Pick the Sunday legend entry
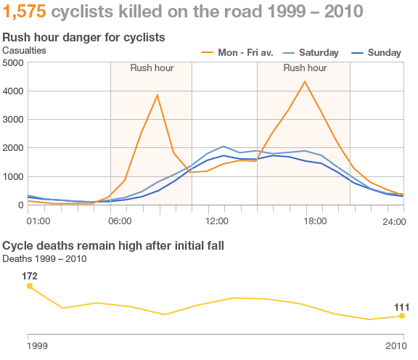pos(384,53)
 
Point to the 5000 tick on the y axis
pos(13,63)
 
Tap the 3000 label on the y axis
pos(13,120)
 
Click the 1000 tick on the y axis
pos(13,176)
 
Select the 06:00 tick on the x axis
pos(120,221)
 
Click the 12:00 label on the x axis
pos(217,221)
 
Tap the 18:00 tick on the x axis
pos(313,221)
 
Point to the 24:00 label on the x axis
pos(393,221)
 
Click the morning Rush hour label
pos(152,68)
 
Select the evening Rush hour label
pos(304,68)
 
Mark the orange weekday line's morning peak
pos(157,95)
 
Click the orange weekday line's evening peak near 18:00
pos(305,81)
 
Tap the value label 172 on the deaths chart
pos(30,276)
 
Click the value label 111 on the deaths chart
pos(401,306)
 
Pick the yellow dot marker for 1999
pos(30,286)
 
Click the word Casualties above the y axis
pos(24,50)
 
